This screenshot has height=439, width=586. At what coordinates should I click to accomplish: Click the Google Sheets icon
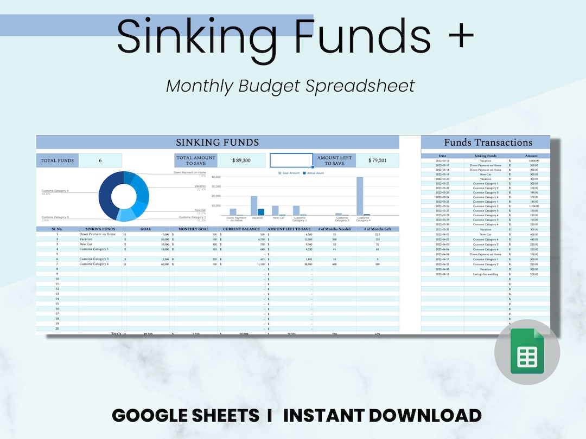click(x=527, y=352)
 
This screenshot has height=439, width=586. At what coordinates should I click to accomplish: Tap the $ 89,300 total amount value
click(x=241, y=160)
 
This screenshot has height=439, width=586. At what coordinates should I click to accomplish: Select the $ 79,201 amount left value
click(x=377, y=160)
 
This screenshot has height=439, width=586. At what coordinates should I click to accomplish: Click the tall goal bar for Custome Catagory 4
click(x=360, y=196)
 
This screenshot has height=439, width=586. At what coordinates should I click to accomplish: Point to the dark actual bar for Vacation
click(x=261, y=212)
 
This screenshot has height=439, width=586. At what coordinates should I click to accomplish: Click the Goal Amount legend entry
click(x=290, y=173)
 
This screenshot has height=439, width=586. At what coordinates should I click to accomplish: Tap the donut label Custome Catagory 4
click(x=55, y=191)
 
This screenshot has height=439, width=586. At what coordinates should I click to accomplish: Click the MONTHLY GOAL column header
click(x=194, y=229)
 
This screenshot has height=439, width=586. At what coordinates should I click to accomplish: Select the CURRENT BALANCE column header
click(x=242, y=229)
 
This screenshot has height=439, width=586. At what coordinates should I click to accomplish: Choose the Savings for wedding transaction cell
click(x=485, y=274)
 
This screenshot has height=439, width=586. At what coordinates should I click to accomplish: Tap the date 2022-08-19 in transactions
click(x=442, y=274)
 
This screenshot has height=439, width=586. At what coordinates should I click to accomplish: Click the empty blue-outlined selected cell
click(x=291, y=160)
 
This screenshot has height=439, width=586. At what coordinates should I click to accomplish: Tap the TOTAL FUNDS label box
click(x=58, y=160)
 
